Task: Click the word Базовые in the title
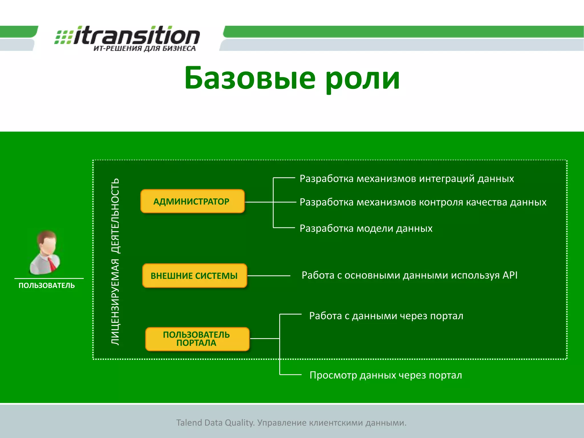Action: coord(250,78)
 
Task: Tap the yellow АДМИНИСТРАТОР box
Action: coord(192,201)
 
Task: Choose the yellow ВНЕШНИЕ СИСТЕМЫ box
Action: coord(194,276)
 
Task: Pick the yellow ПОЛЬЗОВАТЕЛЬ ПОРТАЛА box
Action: coord(197,339)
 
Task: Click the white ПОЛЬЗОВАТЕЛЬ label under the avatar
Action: coord(46,285)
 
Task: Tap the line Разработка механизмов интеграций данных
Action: coord(406,179)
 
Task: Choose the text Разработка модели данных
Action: coord(366,228)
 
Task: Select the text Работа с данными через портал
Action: coord(386,316)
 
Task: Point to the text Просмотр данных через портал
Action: coord(386,375)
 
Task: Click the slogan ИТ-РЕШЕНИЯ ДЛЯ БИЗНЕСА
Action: coord(145,48)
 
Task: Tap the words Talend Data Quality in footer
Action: coord(215,423)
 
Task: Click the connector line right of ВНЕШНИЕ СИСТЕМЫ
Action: coord(269,276)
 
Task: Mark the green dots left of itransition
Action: coord(63,37)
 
